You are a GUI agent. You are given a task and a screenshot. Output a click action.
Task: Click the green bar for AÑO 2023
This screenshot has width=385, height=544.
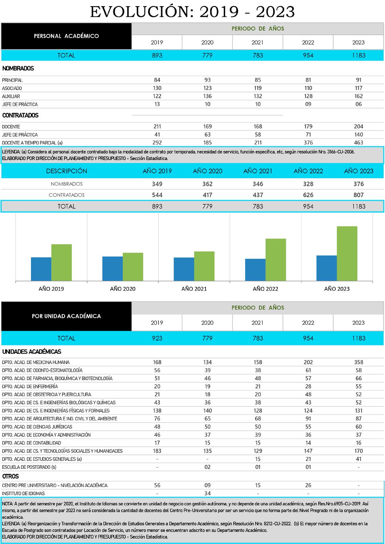tap(347, 253)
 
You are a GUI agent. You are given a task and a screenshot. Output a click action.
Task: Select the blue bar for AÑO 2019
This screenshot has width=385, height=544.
tap(41, 269)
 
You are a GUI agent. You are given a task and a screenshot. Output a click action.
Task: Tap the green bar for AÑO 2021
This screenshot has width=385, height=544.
tap(204, 266)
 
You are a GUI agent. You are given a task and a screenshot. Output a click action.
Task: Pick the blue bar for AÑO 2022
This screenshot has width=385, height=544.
tap(255, 269)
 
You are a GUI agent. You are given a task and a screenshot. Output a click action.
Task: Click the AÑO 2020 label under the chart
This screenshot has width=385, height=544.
tap(123, 289)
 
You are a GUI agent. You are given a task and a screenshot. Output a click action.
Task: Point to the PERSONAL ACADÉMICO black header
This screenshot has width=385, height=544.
tap(66, 36)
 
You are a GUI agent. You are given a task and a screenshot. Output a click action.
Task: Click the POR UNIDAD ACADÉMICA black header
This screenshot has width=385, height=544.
tap(66, 316)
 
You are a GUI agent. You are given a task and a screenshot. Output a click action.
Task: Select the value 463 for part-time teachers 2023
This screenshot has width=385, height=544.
tap(359, 143)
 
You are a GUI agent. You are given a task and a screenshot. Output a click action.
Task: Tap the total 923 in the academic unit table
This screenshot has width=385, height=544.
tap(157, 338)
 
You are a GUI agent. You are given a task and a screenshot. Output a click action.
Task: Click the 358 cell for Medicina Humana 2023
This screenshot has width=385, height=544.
tap(359, 362)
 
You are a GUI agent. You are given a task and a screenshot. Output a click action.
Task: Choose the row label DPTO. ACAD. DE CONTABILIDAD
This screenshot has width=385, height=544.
tap(31, 443)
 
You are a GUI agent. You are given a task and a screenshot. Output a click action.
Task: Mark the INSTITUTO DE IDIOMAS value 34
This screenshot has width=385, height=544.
tap(208, 493)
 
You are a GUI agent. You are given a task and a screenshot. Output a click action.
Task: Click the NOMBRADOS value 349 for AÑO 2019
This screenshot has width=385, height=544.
tap(157, 184)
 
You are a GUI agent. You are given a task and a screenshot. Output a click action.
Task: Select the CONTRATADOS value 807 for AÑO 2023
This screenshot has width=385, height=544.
tap(359, 195)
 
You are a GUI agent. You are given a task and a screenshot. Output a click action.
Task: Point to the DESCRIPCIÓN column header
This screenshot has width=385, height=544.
tap(66, 171)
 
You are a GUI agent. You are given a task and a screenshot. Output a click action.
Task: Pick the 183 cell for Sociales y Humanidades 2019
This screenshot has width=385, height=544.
tap(157, 451)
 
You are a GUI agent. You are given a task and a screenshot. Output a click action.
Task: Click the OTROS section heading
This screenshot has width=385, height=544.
tap(10, 476)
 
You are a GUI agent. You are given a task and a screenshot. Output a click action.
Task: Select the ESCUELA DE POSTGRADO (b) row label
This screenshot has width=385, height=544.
tap(29, 467)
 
